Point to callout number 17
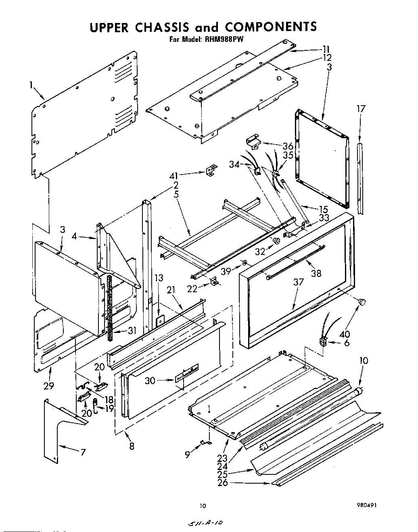click(361, 108)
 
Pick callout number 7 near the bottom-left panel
click(83, 452)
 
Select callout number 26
click(223, 482)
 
